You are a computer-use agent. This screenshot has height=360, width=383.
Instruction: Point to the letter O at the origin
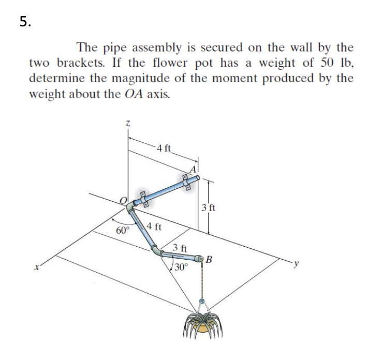[123, 200]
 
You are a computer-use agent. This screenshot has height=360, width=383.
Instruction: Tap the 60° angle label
[122, 230]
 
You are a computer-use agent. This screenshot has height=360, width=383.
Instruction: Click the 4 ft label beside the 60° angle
[154, 227]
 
